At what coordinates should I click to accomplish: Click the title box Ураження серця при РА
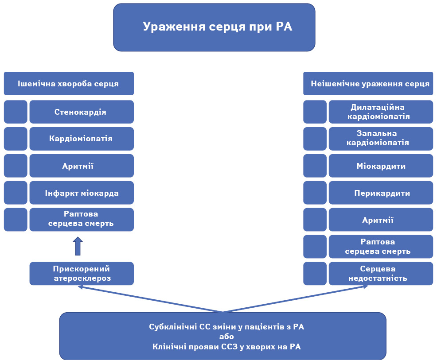pyautogui.click(x=214, y=27)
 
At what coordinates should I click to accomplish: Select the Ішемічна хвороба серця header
pyautogui.click(x=69, y=84)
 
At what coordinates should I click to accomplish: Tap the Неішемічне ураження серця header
pyautogui.click(x=368, y=84)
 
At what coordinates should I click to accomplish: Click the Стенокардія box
pyautogui.click(x=82, y=112)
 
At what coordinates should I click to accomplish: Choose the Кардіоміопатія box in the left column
pyautogui.click(x=82, y=139)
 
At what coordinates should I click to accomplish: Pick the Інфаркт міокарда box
pyautogui.click(x=82, y=193)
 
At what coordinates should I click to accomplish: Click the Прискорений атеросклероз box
pyautogui.click(x=82, y=273)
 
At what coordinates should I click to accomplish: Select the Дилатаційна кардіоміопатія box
pyautogui.click(x=381, y=112)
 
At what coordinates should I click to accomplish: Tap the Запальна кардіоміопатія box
pyautogui.click(x=381, y=139)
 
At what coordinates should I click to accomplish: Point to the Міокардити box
pyautogui.click(x=381, y=166)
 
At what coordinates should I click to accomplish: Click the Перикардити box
pyautogui.click(x=381, y=193)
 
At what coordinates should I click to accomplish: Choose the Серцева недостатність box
pyautogui.click(x=381, y=273)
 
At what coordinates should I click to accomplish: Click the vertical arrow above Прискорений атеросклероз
pyautogui.click(x=78, y=246)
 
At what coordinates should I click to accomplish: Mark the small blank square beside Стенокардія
pyautogui.click(x=16, y=112)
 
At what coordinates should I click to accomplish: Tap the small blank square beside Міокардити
pyautogui.click(x=315, y=166)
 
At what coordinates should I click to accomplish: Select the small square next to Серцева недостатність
pyautogui.click(x=315, y=273)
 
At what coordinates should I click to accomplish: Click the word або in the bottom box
pyautogui.click(x=226, y=337)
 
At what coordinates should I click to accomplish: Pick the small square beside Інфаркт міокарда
pyautogui.click(x=16, y=193)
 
